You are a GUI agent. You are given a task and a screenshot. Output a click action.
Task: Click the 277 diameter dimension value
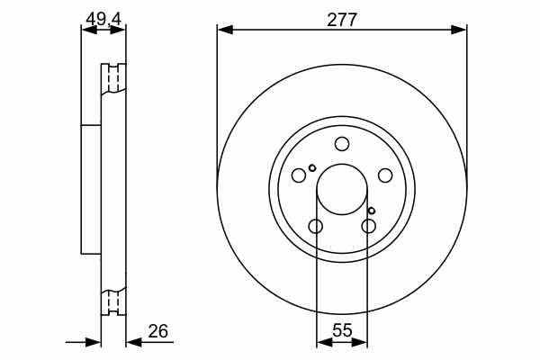coord(342,20)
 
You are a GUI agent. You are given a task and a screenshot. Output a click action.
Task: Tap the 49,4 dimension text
coord(103,19)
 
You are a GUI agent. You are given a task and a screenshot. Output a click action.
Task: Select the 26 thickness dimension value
coord(158,331)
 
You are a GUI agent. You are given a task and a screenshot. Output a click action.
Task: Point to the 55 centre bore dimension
coord(342,330)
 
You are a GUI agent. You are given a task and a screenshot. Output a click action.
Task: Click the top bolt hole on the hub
coord(342,144)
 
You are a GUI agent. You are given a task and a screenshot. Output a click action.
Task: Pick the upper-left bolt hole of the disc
coord(299,175)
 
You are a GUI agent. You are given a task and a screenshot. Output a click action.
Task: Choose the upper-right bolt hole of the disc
coord(385,175)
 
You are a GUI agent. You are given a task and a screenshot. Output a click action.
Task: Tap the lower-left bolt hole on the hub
coord(316,226)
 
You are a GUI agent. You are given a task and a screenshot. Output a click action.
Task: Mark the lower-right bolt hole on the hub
coord(368,226)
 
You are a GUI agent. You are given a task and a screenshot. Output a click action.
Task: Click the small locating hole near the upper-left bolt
coord(312,168)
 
